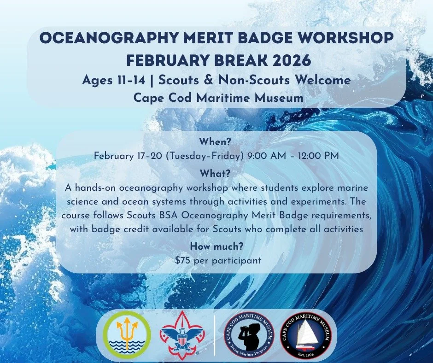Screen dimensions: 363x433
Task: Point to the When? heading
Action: coord(216,141)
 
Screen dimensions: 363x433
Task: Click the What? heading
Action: coord(216,174)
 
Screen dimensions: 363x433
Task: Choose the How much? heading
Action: coord(216,246)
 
